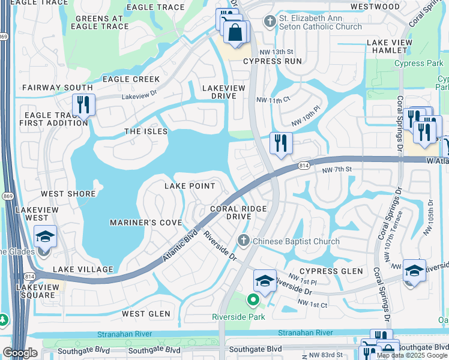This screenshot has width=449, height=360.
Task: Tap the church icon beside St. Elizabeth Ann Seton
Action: (x=270, y=22)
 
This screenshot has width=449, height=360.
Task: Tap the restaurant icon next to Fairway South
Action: (x=83, y=105)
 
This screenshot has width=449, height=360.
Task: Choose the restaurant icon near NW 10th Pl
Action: (x=281, y=143)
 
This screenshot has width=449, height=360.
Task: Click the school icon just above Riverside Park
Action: (x=265, y=281)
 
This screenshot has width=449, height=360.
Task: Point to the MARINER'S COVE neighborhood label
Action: (x=146, y=223)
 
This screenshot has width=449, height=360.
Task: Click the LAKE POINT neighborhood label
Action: (x=190, y=186)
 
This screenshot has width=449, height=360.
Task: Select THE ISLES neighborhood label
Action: (x=146, y=131)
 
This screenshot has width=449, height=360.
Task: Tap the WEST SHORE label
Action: (x=68, y=194)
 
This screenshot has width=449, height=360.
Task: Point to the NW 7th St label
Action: (x=336, y=171)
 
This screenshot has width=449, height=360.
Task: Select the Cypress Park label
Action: (x=418, y=64)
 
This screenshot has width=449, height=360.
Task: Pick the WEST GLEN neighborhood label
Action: (x=146, y=314)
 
